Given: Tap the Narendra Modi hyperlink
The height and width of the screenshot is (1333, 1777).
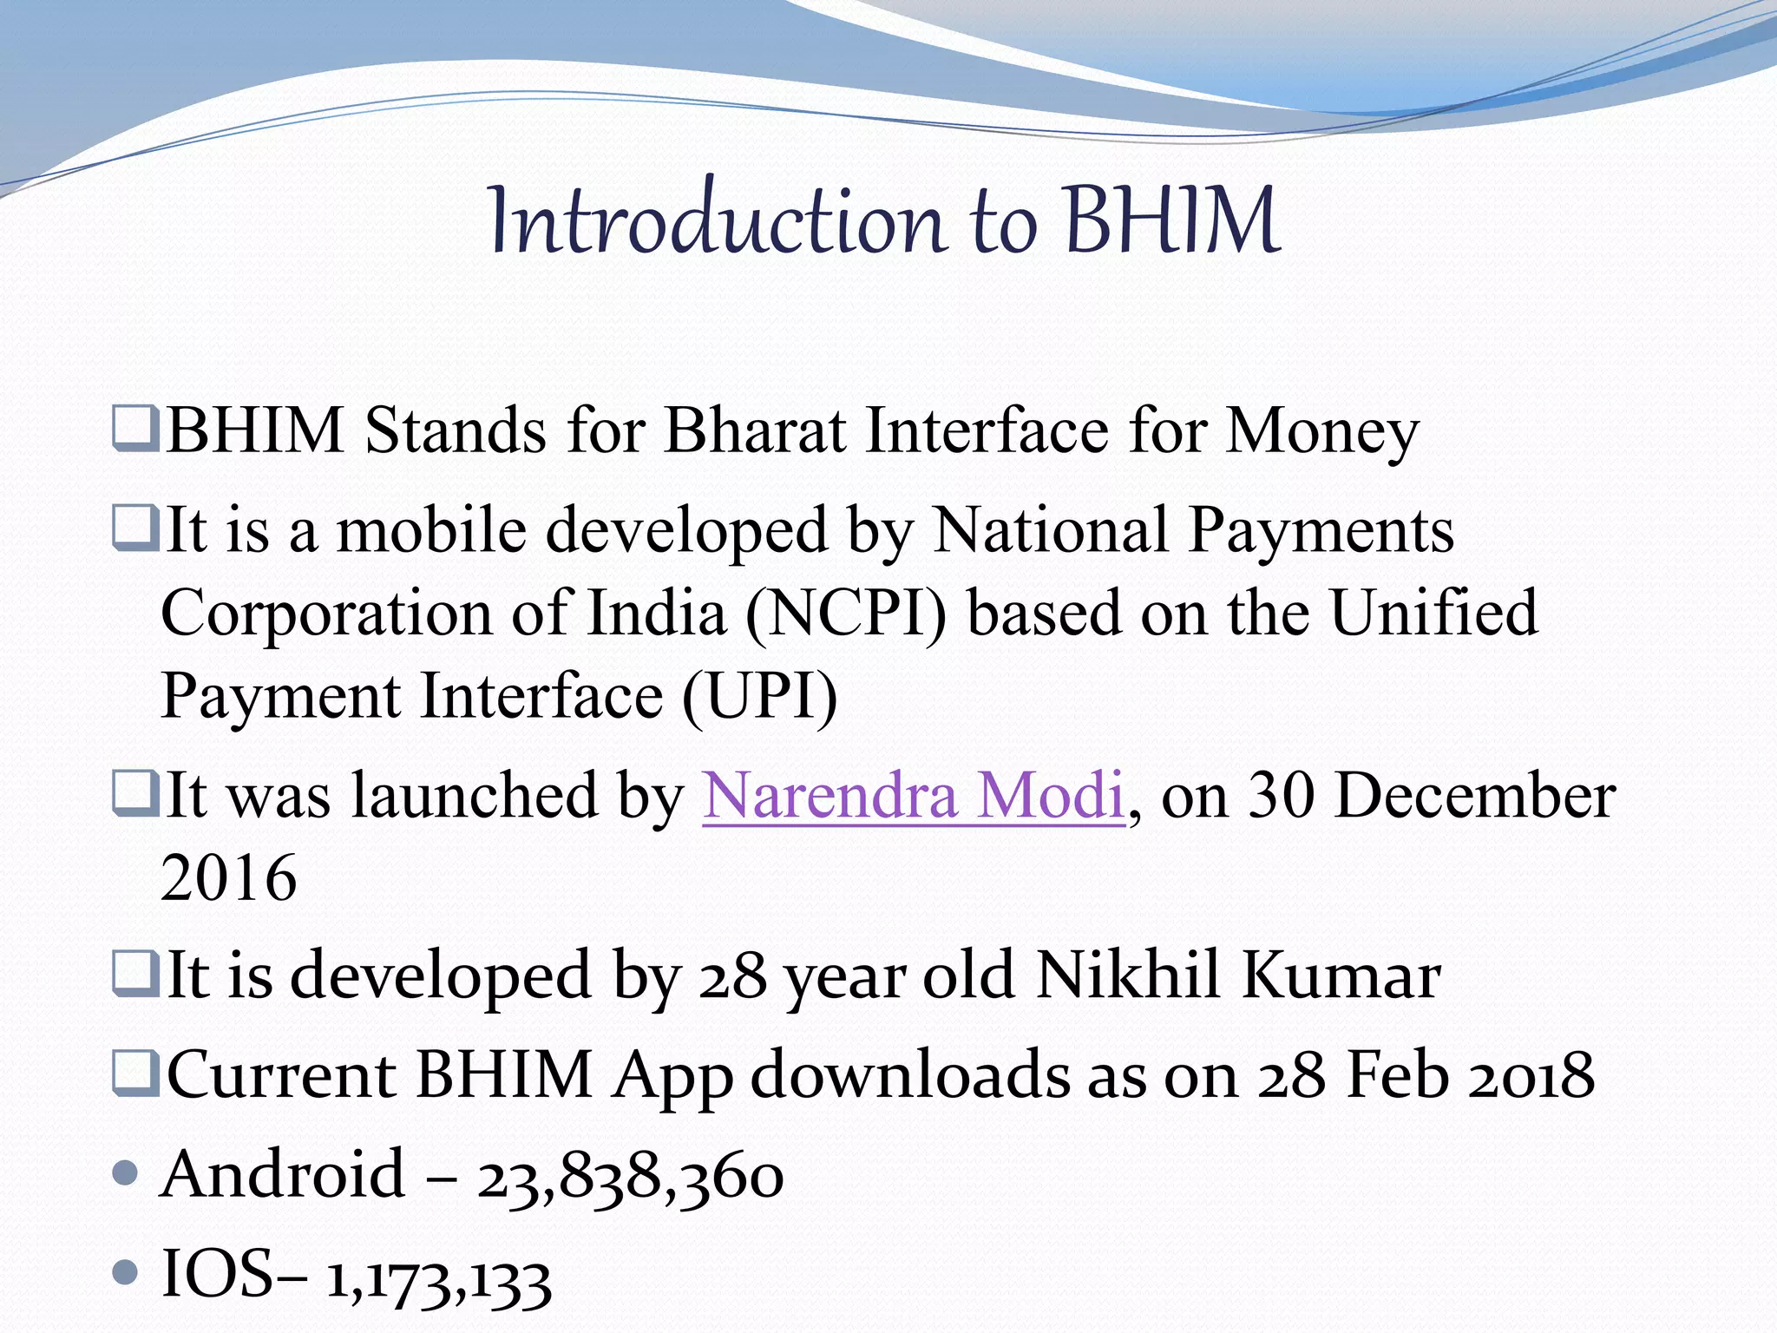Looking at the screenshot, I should tap(913, 795).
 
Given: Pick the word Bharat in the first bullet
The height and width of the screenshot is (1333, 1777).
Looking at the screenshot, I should tap(754, 430).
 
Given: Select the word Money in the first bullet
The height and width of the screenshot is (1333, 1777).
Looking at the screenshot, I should tap(1321, 432).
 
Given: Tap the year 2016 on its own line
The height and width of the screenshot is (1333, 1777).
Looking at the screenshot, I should tap(229, 878).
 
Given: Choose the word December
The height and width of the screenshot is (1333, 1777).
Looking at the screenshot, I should tap(1474, 795).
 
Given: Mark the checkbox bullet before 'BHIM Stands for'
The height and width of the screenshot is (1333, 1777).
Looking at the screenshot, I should tap(136, 429).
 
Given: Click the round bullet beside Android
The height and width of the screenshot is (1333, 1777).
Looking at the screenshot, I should tap(127, 1173).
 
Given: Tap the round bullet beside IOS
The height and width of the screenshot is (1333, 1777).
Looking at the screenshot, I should tap(127, 1273).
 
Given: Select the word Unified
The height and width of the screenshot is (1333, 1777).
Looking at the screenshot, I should tap(1433, 614).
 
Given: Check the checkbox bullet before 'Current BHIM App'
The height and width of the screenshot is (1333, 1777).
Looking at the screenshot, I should tap(136, 1074).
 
